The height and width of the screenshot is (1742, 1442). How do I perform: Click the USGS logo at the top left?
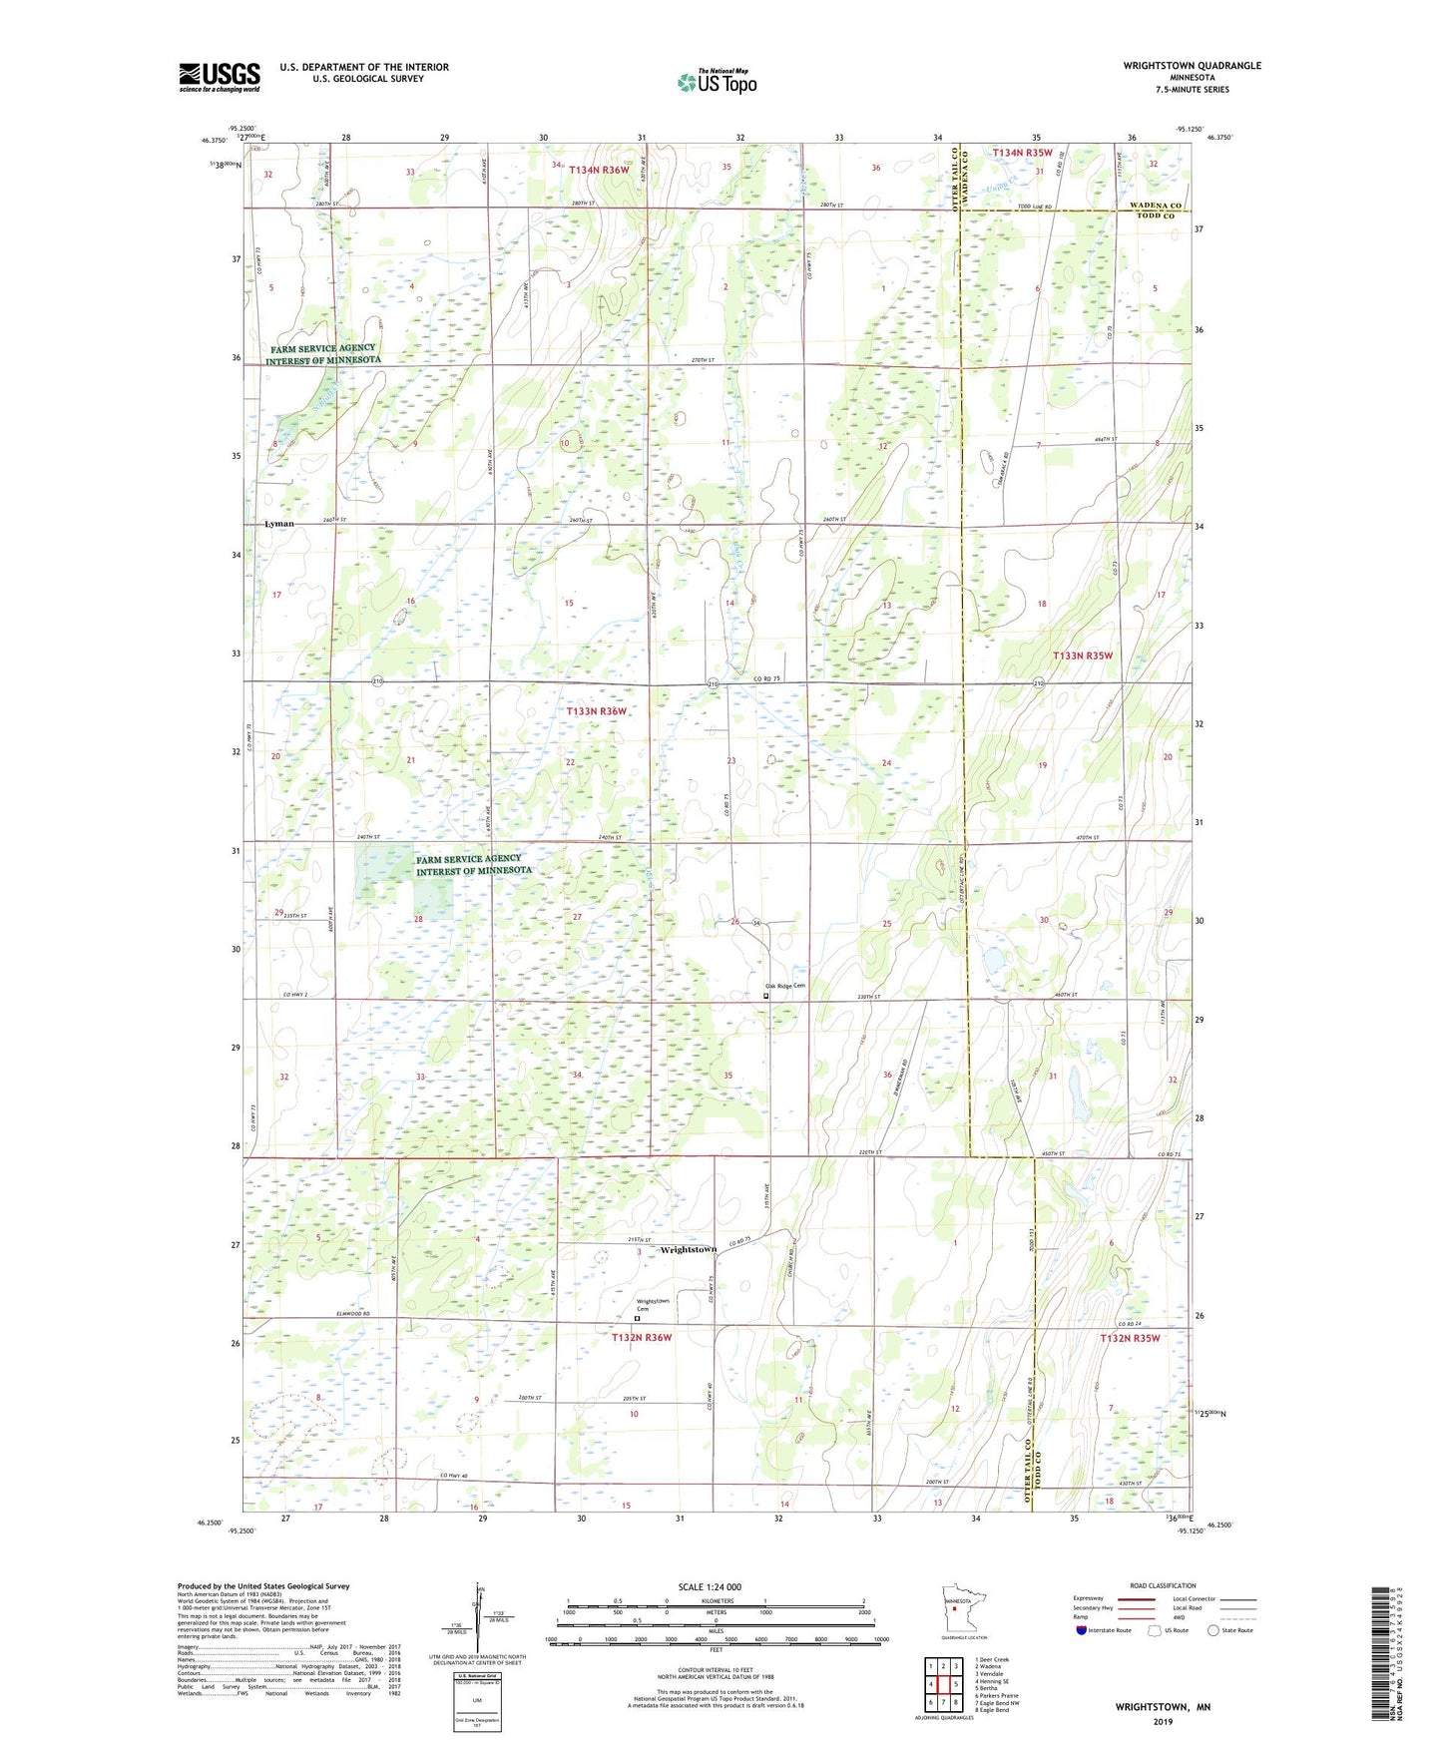coord(220,77)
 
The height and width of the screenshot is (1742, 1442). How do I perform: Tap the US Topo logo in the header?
coord(715,82)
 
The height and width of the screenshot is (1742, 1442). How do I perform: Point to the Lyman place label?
coord(279,524)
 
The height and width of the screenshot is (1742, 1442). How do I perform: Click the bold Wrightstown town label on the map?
coord(689,1250)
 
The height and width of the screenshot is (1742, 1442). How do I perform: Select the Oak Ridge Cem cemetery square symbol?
coord(766,995)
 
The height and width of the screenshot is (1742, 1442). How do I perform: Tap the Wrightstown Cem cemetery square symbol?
coord(637,1318)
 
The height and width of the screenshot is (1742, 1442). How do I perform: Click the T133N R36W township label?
coord(597,711)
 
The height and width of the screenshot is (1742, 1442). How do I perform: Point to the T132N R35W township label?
coord(1130,1338)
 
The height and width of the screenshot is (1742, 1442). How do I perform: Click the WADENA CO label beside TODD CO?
coord(1155,206)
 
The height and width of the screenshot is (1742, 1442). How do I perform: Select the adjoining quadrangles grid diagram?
coord(943,1685)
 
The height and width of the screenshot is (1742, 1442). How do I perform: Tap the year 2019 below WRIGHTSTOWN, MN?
coord(1163,1722)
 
